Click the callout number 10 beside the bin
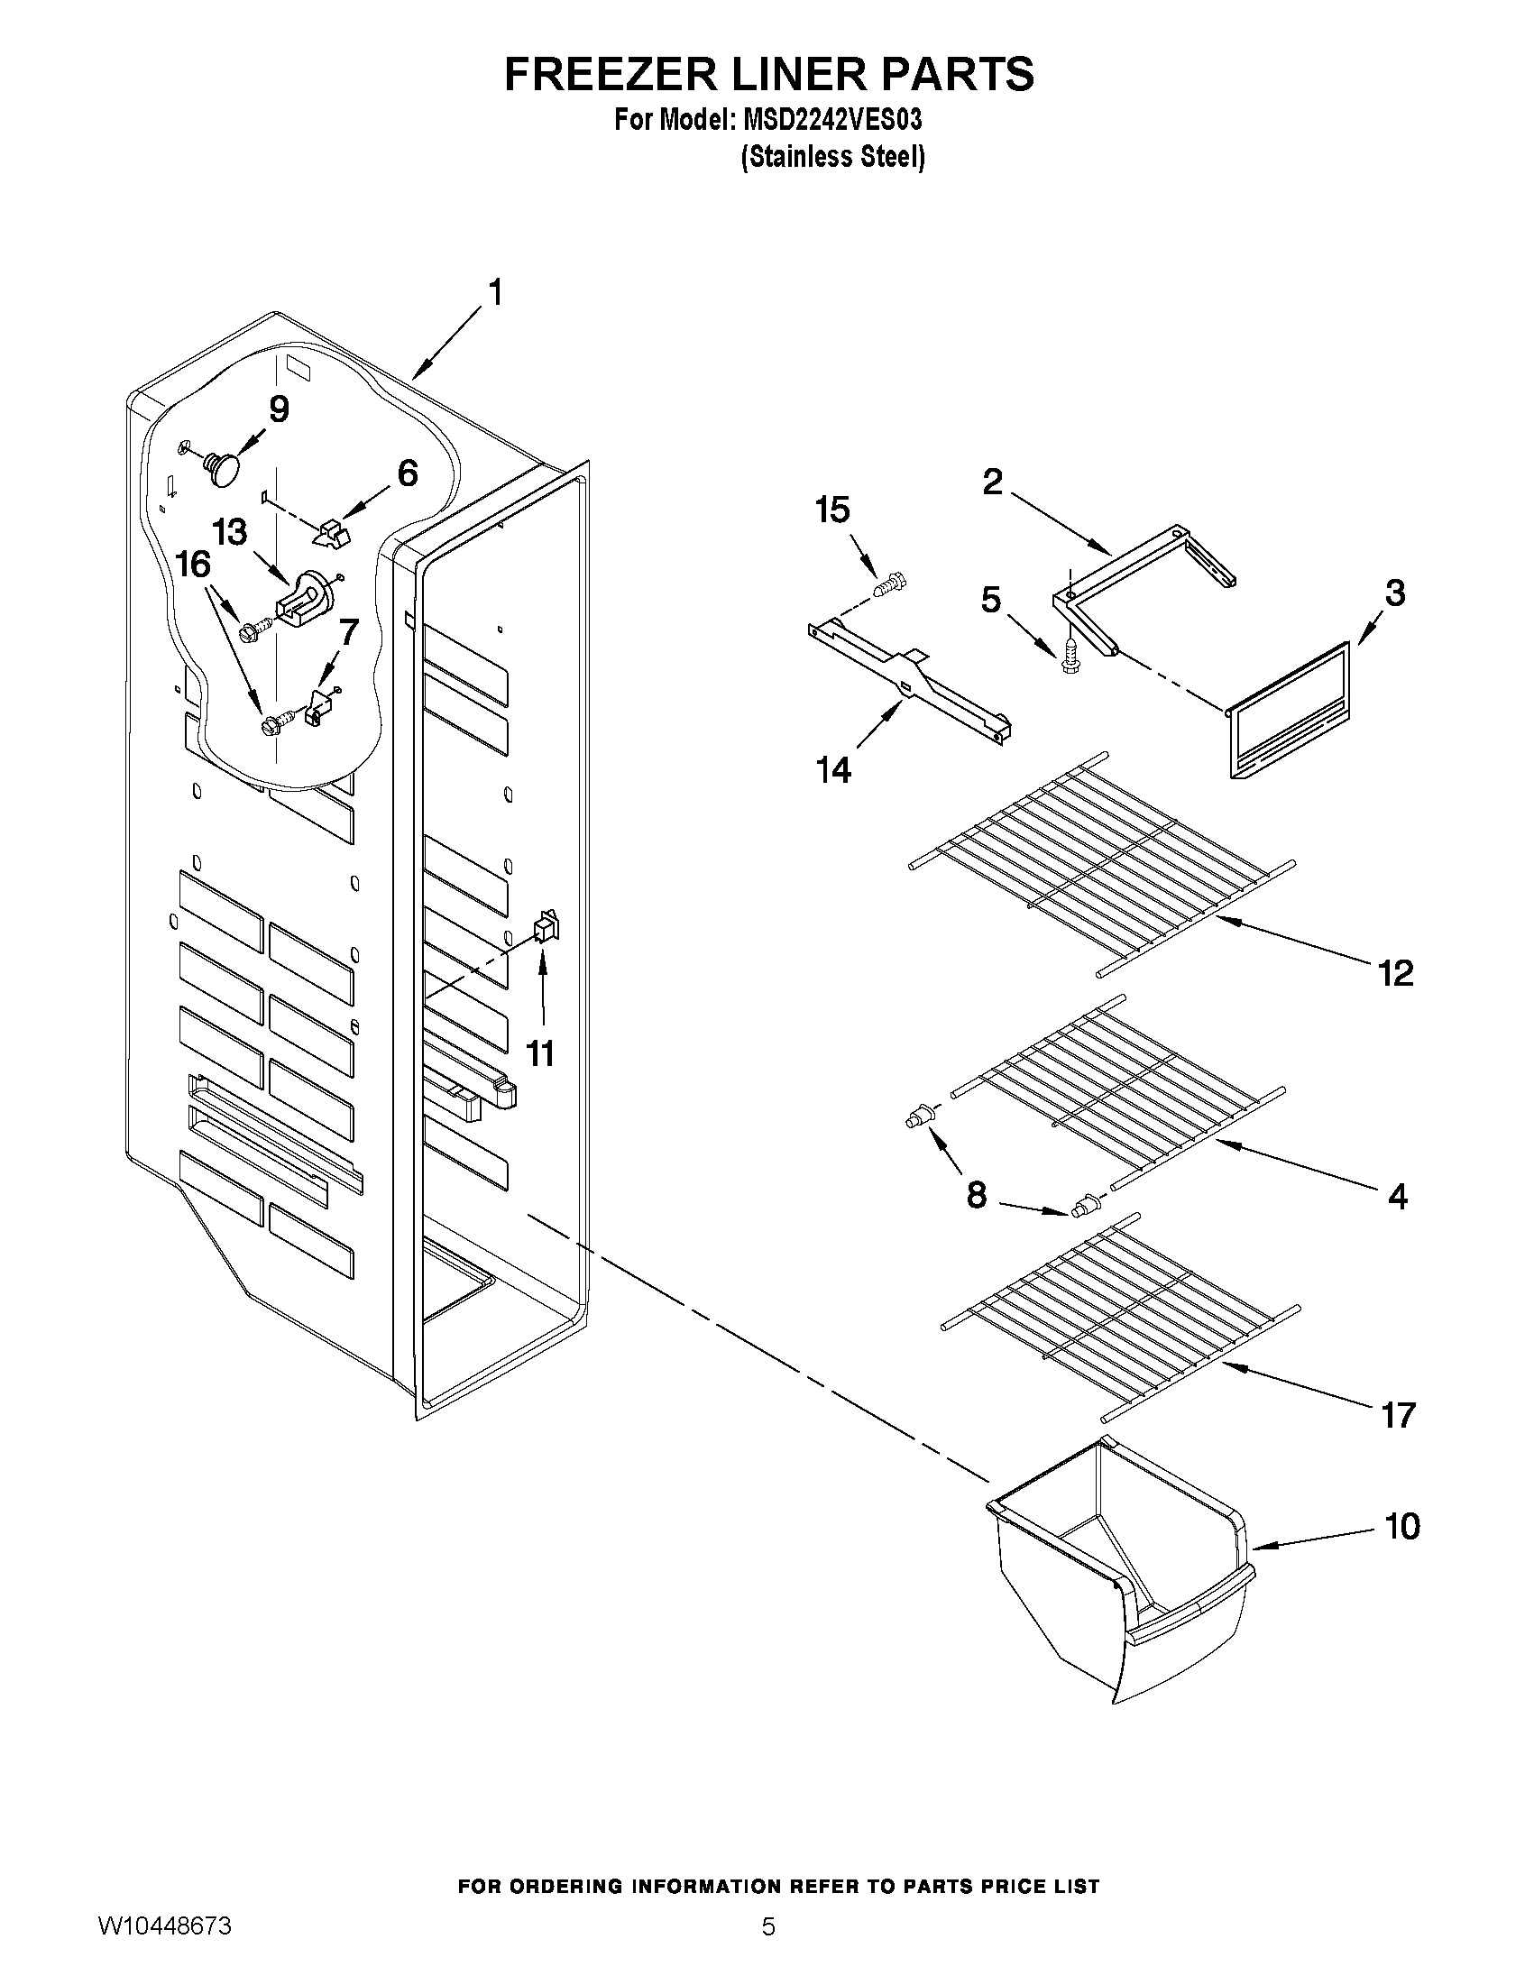click(x=1401, y=1526)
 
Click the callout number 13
click(x=229, y=532)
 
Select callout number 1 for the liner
click(x=495, y=293)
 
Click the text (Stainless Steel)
click(x=832, y=157)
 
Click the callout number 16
click(x=193, y=565)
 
